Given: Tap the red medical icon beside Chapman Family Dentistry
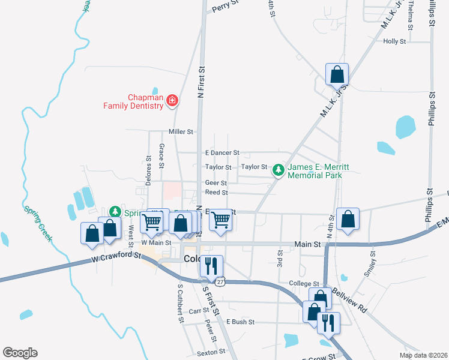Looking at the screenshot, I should click(x=172, y=100).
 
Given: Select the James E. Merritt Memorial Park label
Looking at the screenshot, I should click(x=315, y=171).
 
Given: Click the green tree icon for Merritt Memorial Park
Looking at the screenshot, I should click(x=279, y=171).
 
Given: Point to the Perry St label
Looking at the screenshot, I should click(x=225, y=7).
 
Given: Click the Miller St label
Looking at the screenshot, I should click(x=181, y=131).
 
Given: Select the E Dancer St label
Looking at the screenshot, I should click(x=222, y=153).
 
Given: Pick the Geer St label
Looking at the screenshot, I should click(x=215, y=183).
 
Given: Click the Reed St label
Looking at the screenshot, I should click(x=216, y=193).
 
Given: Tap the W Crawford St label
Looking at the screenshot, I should click(x=116, y=257).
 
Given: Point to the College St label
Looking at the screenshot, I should click(x=304, y=283).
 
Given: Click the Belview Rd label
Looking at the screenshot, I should click(x=349, y=300).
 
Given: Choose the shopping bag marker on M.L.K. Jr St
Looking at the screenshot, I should click(x=337, y=75).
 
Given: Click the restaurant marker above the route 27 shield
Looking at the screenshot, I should click(x=211, y=265).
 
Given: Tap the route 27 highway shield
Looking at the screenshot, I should click(x=220, y=281).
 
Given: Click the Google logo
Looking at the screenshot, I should click(x=20, y=353).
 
